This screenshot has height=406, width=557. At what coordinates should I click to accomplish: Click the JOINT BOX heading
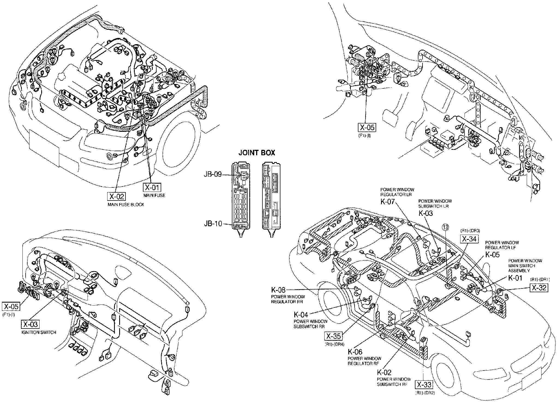[x=257, y=153]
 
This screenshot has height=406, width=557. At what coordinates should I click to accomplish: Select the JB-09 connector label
[x=213, y=174]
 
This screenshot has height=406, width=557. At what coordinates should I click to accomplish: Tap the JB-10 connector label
[x=213, y=224]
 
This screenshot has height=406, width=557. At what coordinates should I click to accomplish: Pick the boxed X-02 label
[x=116, y=196]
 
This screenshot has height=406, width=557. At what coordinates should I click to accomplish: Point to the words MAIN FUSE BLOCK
[x=126, y=205]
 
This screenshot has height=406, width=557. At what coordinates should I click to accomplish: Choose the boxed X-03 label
[x=30, y=324]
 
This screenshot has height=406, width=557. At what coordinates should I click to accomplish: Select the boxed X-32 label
[x=539, y=288]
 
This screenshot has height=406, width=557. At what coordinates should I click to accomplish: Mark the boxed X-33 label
[x=424, y=385]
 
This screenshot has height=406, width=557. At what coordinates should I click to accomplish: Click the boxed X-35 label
[x=333, y=336]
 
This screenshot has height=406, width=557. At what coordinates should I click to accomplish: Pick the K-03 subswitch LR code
[x=426, y=213]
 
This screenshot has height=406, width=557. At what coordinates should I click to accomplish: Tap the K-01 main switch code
[x=515, y=278]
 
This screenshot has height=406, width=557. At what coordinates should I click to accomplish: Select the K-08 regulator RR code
[x=278, y=290]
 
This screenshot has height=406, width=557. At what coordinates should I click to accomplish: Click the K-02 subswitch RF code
[x=384, y=372]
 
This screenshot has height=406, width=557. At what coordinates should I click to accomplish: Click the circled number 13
[x=445, y=227]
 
